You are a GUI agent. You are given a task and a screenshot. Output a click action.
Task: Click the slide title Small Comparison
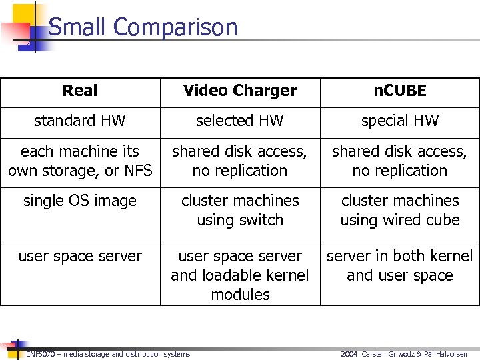pyautogui.click(x=143, y=27)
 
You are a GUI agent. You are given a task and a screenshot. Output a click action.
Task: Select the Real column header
pyautogui.click(x=80, y=91)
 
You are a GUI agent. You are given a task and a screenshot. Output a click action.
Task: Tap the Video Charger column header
pyautogui.click(x=240, y=91)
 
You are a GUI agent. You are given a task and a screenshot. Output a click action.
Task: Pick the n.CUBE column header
pyautogui.click(x=400, y=91)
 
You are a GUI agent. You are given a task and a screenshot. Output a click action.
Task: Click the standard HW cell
pyautogui.click(x=80, y=121)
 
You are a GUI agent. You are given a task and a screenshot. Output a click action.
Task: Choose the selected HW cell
pyautogui.click(x=240, y=121)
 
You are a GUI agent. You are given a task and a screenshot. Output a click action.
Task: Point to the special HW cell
pyautogui.click(x=400, y=121)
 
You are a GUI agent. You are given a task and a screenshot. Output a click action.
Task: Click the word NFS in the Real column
pyautogui.click(x=137, y=171)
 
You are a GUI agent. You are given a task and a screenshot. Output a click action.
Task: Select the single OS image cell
pyautogui.click(x=80, y=201)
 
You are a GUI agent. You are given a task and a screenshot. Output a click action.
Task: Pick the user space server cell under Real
pyautogui.click(x=80, y=256)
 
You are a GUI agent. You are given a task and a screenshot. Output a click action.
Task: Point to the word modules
pyautogui.click(x=240, y=295)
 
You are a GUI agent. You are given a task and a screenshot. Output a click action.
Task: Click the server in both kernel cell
pyautogui.click(x=400, y=256)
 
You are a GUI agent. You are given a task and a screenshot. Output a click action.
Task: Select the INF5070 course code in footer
pyautogui.click(x=37, y=354)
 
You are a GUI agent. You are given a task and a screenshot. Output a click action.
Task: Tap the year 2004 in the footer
pyautogui.click(x=349, y=354)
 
